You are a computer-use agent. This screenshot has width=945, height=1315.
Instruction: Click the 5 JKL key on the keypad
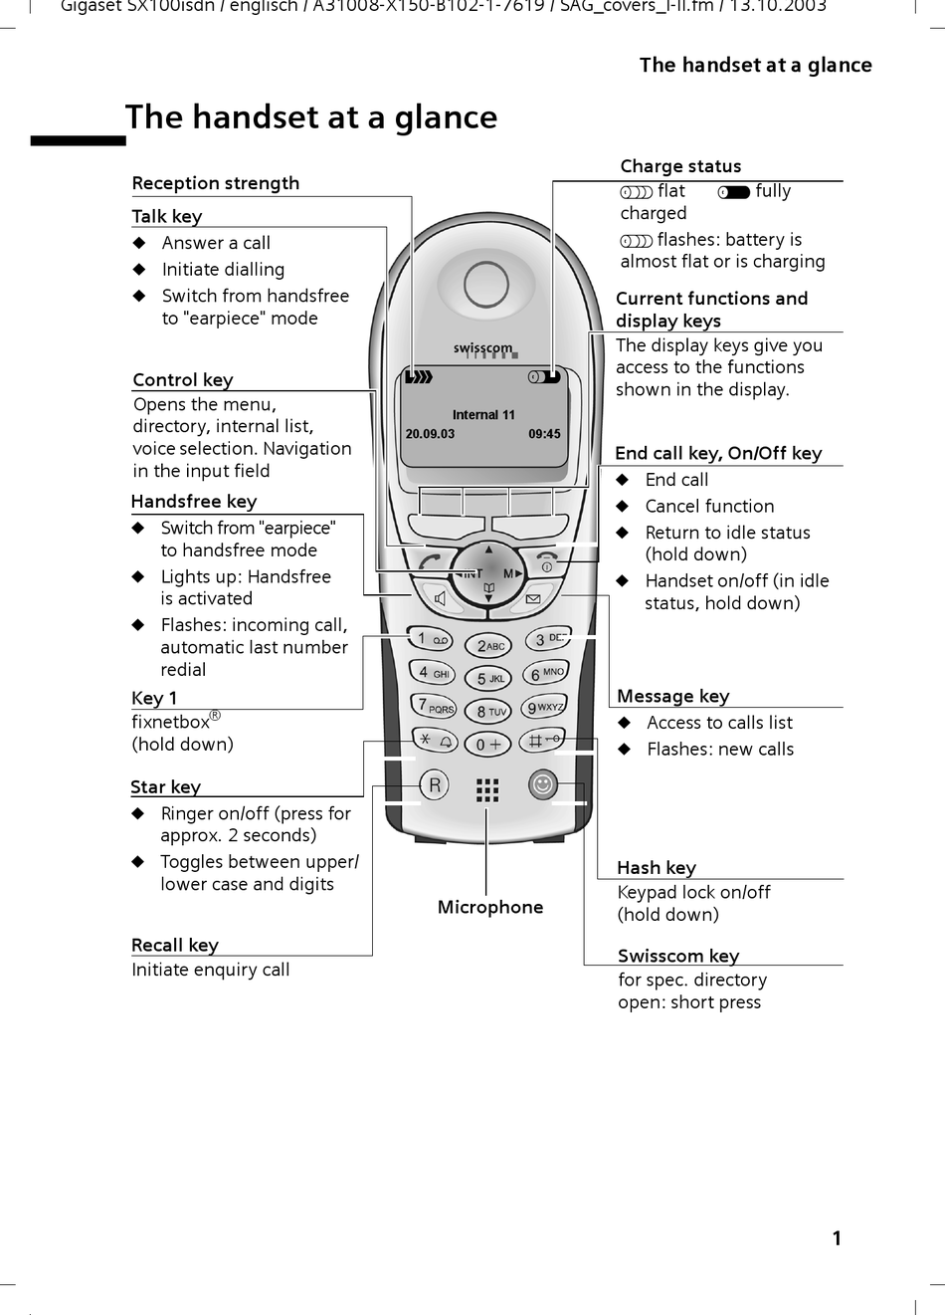[489, 679]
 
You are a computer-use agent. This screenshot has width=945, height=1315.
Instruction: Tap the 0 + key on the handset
[488, 745]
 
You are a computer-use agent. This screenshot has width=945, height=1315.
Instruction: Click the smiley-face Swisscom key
[542, 785]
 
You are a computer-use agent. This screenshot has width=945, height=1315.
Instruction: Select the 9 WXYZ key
[544, 708]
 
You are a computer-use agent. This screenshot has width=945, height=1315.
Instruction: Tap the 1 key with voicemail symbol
[432, 640]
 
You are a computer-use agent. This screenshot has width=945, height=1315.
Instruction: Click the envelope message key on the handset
[532, 599]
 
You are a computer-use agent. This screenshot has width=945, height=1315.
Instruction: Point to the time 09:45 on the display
[544, 434]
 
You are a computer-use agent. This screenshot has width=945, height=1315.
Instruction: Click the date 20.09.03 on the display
[430, 434]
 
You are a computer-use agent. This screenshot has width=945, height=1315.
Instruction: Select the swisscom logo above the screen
[483, 348]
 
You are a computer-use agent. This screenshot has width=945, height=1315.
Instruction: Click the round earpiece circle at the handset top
[486, 285]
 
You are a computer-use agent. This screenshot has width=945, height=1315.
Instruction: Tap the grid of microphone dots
[487, 790]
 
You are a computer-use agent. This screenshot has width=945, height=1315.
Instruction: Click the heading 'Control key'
[183, 379]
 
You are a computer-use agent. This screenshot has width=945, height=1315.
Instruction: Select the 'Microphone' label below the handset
[490, 907]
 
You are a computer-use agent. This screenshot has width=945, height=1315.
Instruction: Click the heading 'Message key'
[673, 696]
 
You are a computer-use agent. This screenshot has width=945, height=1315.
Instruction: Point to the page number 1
[837, 1238]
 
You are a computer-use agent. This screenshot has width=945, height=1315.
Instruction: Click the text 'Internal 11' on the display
[483, 415]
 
